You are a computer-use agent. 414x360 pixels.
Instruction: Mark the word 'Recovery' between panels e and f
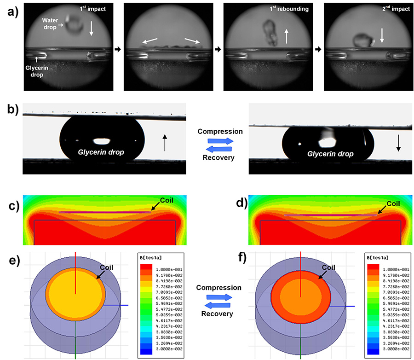pos(218,314)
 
